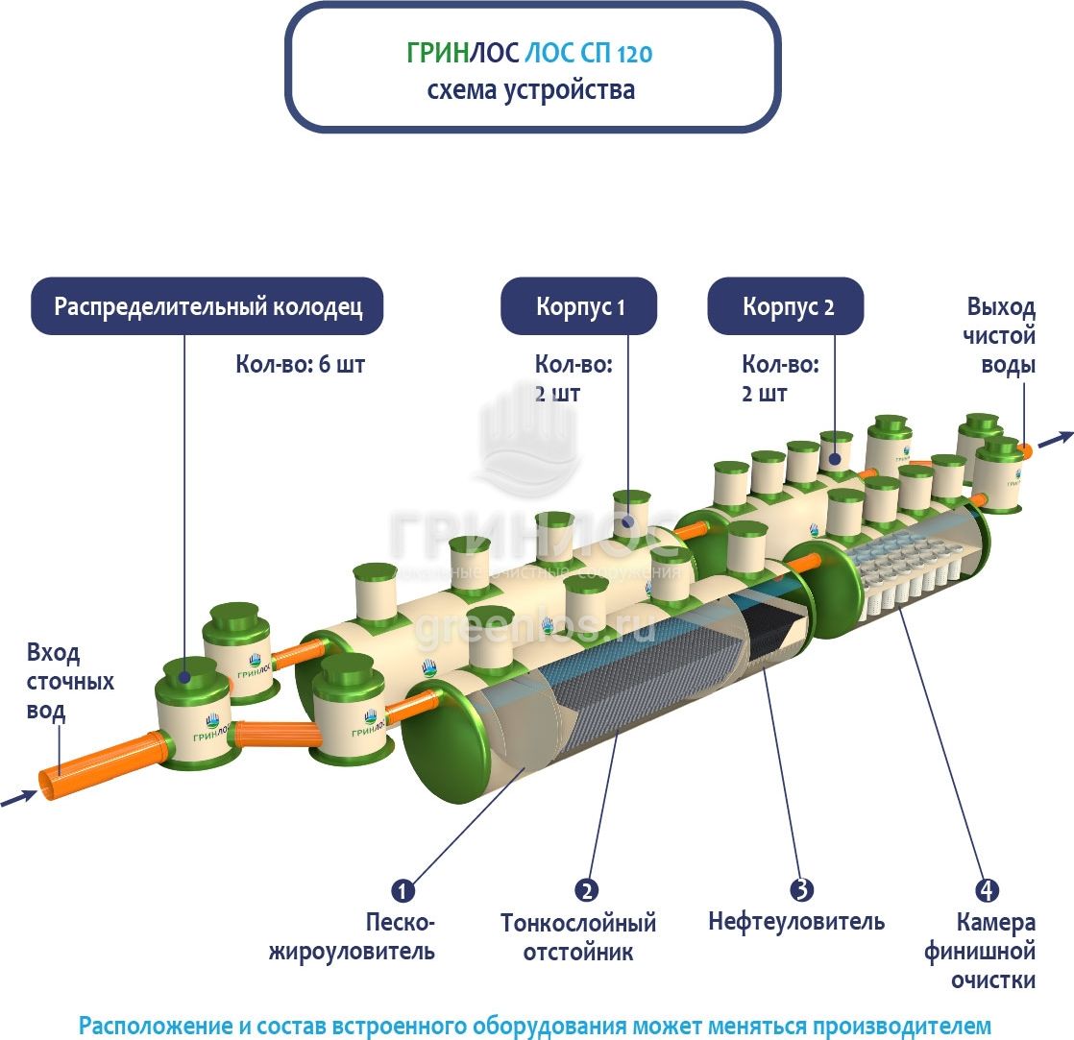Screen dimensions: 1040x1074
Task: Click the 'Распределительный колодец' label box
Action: point(207,307)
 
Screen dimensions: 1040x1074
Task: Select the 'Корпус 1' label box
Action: point(579,307)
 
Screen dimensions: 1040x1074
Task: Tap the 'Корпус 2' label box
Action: point(787,307)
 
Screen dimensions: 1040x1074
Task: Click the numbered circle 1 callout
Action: point(403,890)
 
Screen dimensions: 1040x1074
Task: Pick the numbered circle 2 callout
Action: point(587,890)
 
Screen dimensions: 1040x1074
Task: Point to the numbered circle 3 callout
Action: point(795,890)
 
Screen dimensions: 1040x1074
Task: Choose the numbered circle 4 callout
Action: point(982,890)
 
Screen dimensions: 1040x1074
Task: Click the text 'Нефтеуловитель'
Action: point(795,923)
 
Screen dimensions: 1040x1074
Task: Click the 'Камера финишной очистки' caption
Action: point(981,952)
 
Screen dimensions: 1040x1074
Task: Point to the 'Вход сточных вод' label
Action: point(66,682)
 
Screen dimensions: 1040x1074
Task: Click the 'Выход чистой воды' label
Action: point(1001,336)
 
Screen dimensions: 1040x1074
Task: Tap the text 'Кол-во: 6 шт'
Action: point(301,365)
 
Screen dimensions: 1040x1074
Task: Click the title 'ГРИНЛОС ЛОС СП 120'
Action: point(530,54)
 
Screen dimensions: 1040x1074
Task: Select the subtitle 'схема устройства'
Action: point(530,91)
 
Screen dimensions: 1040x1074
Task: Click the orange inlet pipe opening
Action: point(48,785)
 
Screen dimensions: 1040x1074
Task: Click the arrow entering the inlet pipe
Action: point(18,798)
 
